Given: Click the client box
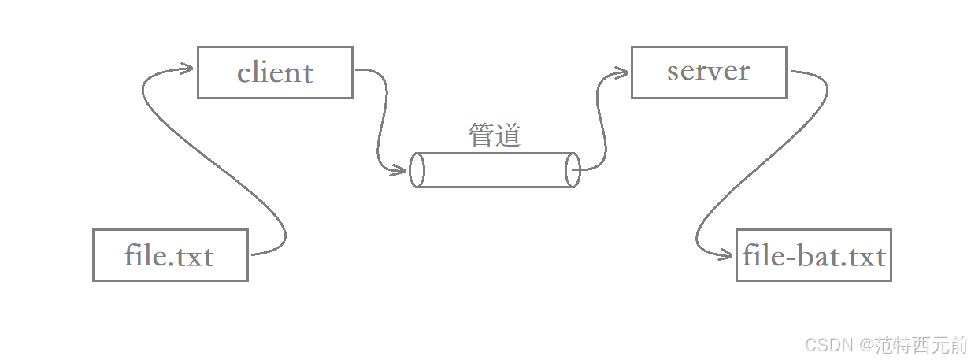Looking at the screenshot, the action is point(275,72).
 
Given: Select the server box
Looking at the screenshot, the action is point(709,72).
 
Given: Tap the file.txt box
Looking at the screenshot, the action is point(170,255).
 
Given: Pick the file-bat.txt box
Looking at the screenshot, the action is point(813,255).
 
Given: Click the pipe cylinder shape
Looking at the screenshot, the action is point(495,170).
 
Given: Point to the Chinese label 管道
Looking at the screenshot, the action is point(495,135).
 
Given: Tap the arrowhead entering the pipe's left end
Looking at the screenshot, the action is point(402,169).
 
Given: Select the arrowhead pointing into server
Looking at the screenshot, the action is point(622,73).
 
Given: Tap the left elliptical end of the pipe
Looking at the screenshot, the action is point(417,170).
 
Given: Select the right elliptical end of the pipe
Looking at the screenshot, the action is point(573,170).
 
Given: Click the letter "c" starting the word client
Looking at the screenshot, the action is point(243,74).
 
